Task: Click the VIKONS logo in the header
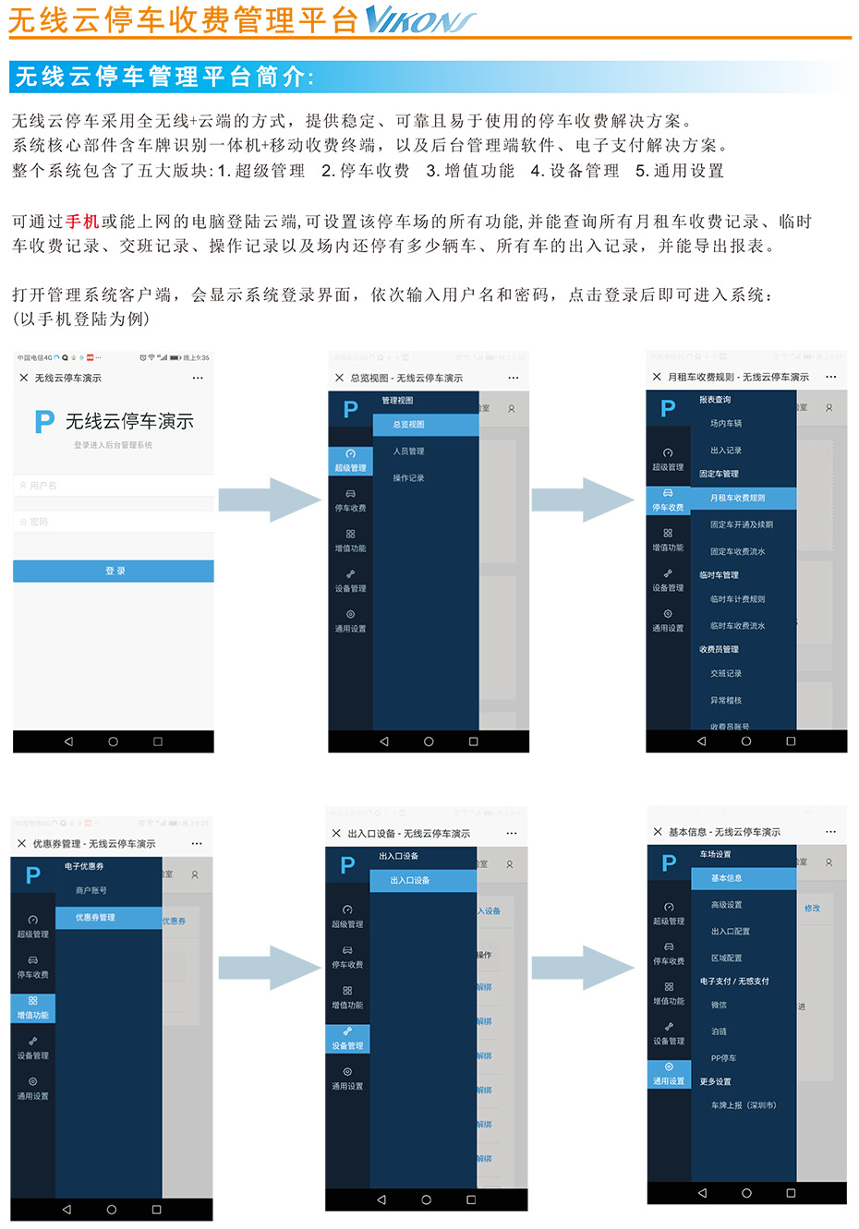420,19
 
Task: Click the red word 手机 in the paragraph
82,222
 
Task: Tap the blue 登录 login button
114,571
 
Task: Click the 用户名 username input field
114,485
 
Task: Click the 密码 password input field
114,522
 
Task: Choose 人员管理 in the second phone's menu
408,452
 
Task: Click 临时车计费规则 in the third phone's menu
737,599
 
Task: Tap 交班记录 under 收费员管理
726,674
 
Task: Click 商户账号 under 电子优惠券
91,891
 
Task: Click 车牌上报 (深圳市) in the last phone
744,1105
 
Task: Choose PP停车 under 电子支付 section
723,1058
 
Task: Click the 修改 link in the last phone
812,909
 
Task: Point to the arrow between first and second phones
270,500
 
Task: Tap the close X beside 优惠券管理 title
22,843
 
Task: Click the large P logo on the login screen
43,422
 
